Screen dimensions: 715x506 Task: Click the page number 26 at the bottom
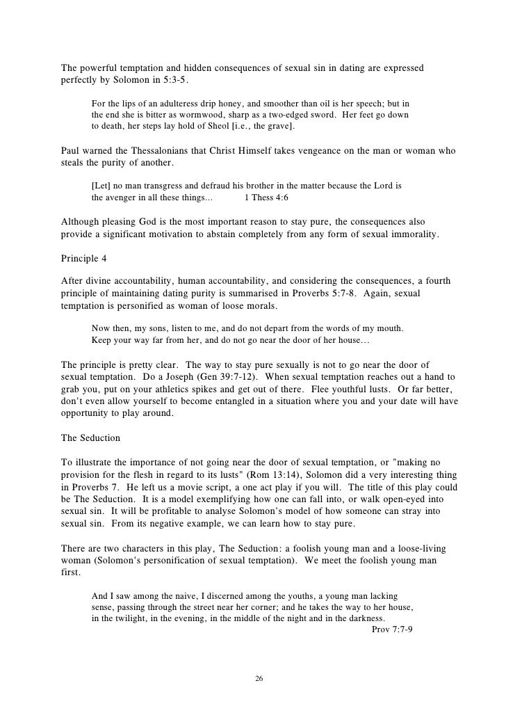click(259, 678)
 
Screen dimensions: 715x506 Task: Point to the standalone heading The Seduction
click(91, 439)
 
